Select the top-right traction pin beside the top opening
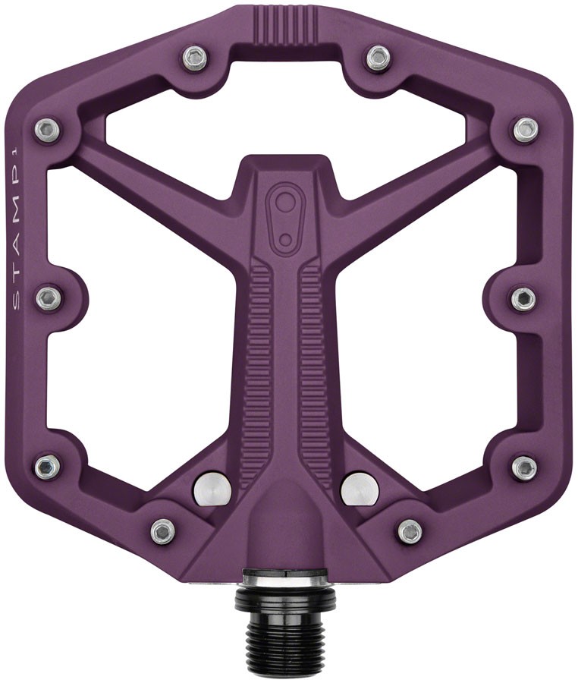(378, 56)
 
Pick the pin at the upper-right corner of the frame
(525, 129)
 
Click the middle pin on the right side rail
(523, 298)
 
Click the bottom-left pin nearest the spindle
(163, 530)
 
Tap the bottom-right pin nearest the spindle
(410, 530)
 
